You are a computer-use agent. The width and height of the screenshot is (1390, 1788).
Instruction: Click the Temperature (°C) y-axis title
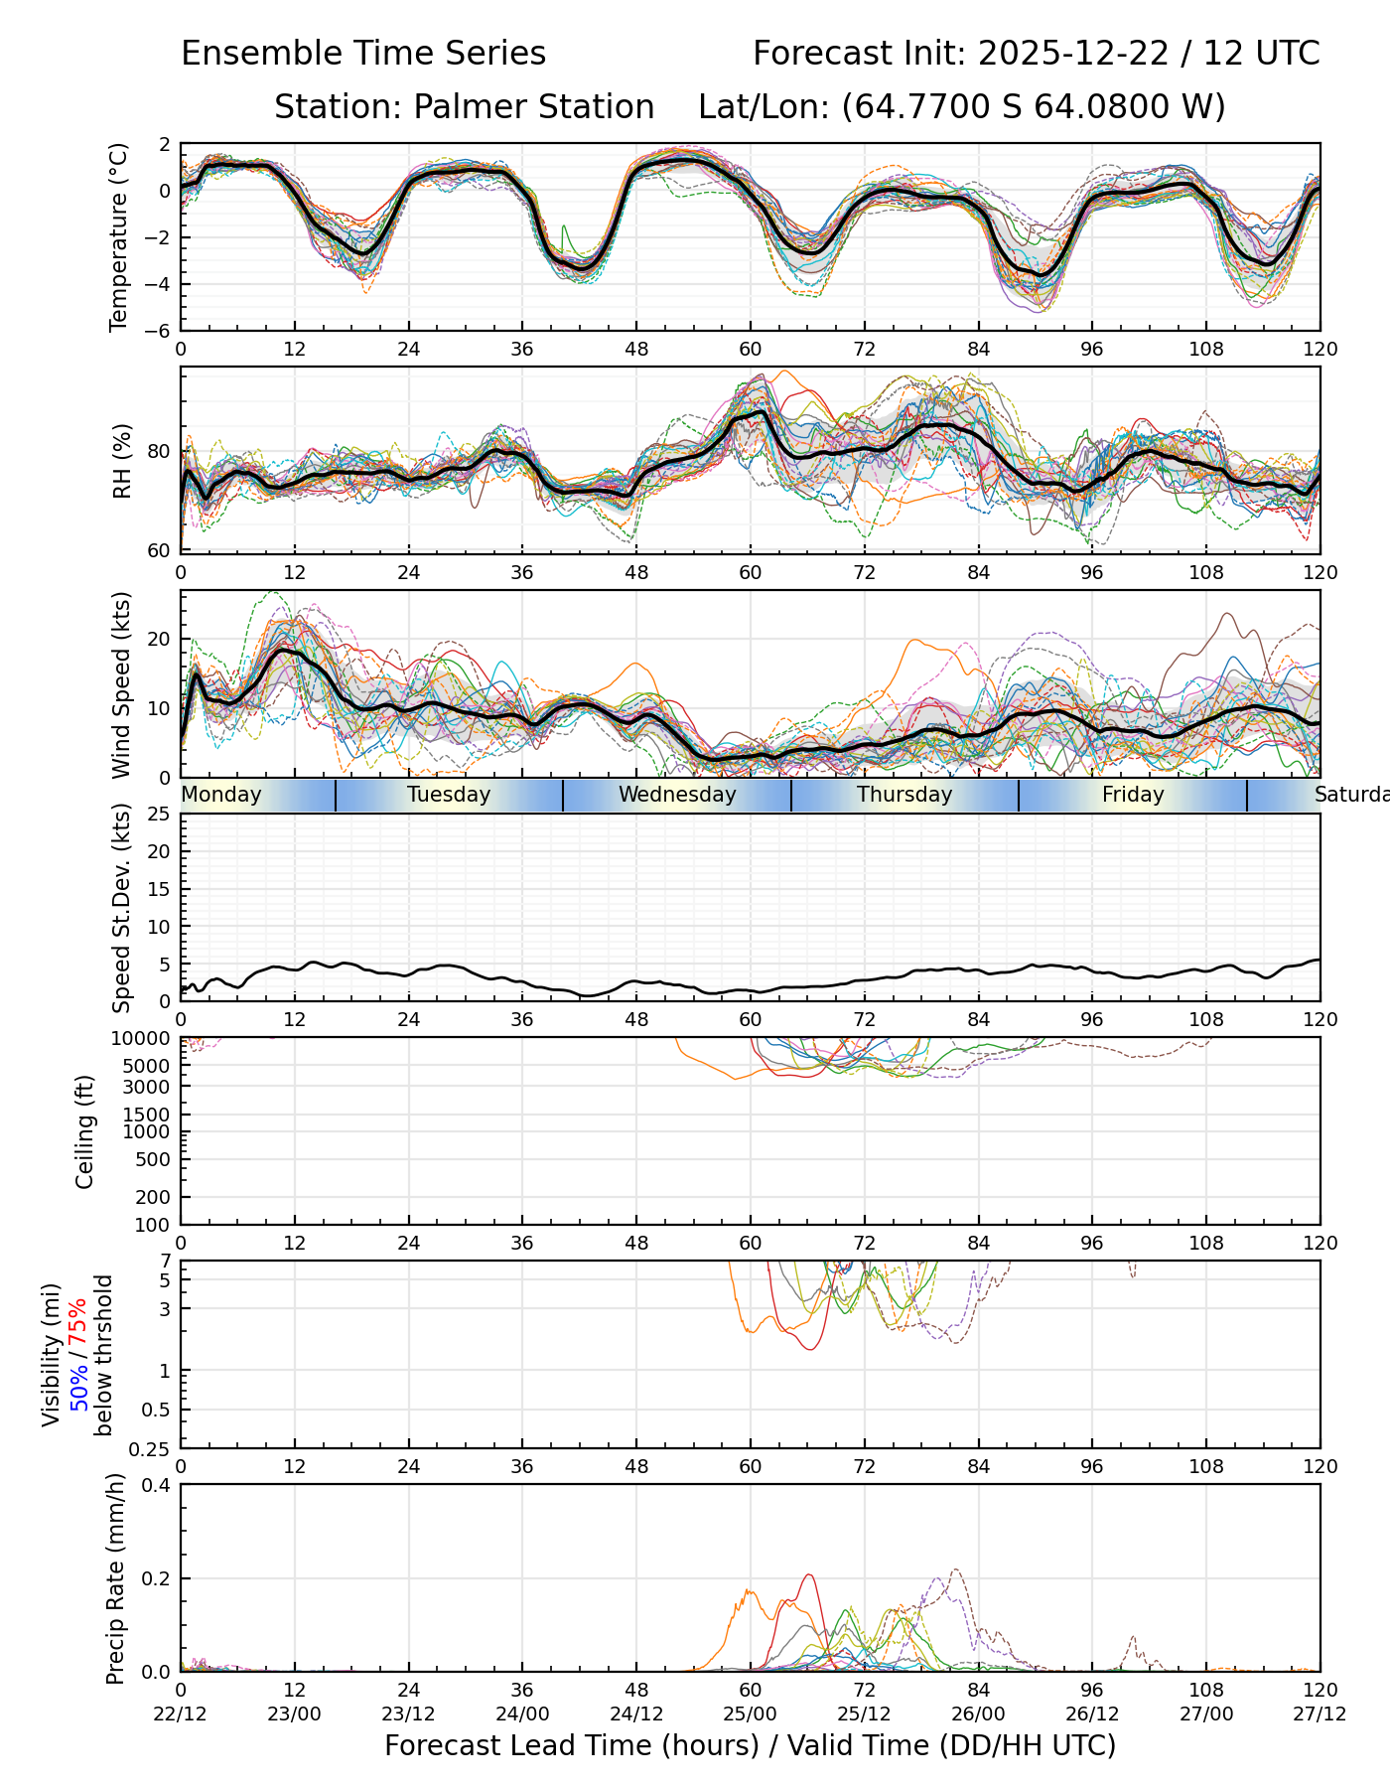pyautogui.click(x=119, y=236)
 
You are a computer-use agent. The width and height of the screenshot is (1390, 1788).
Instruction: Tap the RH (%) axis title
pyautogui.click(x=122, y=461)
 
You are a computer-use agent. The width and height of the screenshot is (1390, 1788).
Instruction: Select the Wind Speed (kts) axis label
pyautogui.click(x=121, y=684)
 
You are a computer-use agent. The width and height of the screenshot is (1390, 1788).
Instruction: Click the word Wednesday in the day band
pyautogui.click(x=677, y=795)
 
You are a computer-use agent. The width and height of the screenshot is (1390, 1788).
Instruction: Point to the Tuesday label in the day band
pyautogui.click(x=449, y=795)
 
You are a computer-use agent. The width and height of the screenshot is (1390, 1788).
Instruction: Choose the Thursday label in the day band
pyautogui.click(x=904, y=795)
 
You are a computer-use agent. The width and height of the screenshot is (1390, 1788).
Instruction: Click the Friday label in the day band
pyautogui.click(x=1133, y=795)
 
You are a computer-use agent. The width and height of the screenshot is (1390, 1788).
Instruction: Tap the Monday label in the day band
pyautogui.click(x=221, y=795)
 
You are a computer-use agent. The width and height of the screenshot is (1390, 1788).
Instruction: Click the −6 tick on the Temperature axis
pyautogui.click(x=156, y=331)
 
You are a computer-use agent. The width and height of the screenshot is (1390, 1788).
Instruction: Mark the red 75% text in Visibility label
pyautogui.click(x=78, y=1322)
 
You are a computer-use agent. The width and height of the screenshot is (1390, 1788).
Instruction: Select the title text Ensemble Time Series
pyautogui.click(x=363, y=54)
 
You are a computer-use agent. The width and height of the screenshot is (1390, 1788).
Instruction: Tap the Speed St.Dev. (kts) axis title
pyautogui.click(x=121, y=908)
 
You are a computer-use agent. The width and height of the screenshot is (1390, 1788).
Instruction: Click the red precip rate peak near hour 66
pyautogui.click(x=809, y=1574)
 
